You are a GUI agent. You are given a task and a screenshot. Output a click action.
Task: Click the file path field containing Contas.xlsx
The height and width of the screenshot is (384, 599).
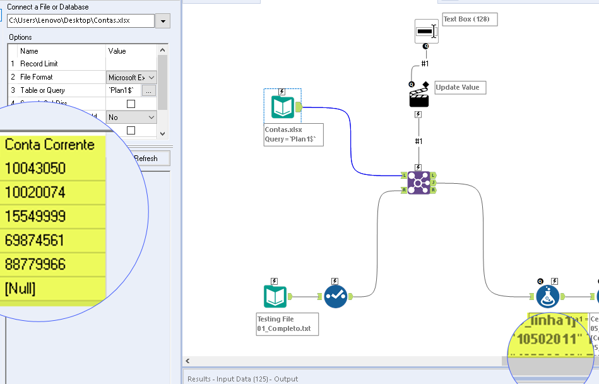(80, 21)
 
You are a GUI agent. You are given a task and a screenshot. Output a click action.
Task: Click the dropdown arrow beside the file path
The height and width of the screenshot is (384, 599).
(163, 21)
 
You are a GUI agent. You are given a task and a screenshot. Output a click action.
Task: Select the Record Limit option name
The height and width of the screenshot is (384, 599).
(39, 64)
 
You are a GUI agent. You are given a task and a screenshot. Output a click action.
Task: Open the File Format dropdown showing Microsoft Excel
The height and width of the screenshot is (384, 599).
(131, 77)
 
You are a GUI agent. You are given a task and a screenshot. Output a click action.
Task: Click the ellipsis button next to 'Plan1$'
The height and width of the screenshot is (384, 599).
(148, 91)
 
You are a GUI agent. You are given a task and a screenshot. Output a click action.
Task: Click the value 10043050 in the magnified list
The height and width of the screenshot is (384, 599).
(35, 169)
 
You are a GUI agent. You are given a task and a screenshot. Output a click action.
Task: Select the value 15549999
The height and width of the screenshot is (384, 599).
(35, 217)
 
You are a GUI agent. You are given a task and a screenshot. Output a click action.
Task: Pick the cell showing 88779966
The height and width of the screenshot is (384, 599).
(35, 265)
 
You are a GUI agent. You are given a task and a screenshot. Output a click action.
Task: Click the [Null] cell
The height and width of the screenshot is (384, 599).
(20, 289)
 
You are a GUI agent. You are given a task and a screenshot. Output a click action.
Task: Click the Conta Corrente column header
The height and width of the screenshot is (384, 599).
(50, 145)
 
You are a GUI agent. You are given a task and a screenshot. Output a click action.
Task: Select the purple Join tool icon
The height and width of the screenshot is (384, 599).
(418, 183)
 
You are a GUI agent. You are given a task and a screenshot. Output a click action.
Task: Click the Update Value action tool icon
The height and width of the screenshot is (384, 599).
(418, 97)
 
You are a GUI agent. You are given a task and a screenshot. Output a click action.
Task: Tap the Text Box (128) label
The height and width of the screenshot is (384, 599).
(470, 20)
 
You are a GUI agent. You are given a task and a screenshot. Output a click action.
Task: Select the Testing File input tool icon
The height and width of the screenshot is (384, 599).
(275, 296)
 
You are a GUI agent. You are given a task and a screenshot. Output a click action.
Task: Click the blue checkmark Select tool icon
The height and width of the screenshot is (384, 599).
(336, 296)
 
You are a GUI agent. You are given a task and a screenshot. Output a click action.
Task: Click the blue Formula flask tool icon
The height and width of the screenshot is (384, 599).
(548, 296)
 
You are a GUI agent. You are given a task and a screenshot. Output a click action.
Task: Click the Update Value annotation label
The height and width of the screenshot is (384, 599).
(460, 88)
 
